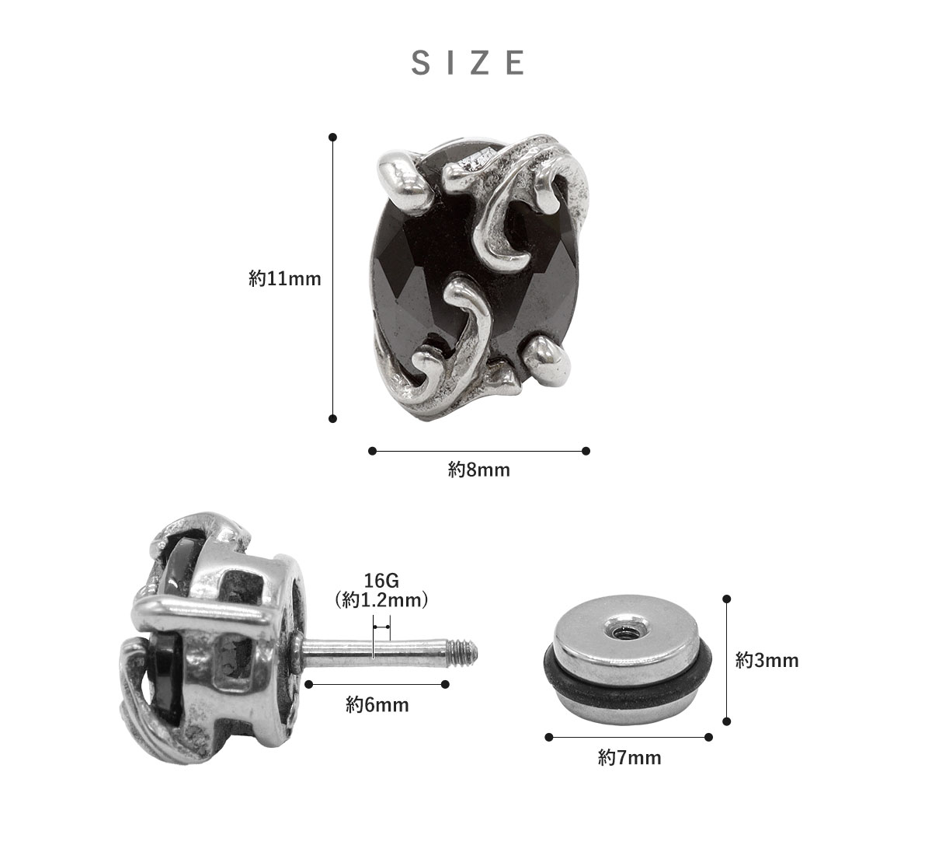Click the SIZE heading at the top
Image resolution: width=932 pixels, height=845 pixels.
click(468, 63)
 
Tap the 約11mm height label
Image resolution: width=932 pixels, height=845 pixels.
click(285, 279)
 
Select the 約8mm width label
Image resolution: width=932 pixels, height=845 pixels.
click(479, 470)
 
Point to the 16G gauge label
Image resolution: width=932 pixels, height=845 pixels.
click(381, 581)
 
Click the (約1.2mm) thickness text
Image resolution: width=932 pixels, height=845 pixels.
click(381, 600)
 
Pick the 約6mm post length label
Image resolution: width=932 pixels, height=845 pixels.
click(377, 705)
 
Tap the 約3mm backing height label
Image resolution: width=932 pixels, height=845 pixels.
click(767, 660)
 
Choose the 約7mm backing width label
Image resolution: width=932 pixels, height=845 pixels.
click(630, 758)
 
